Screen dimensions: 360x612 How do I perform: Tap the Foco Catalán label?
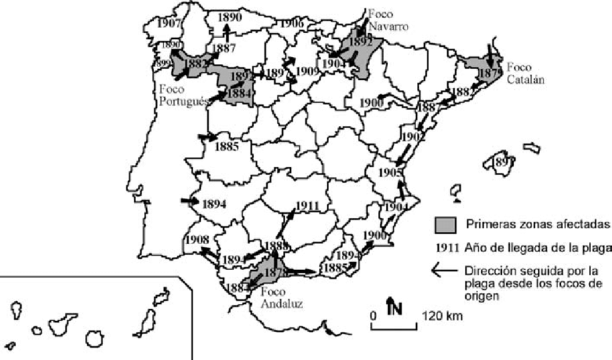[x=523, y=72]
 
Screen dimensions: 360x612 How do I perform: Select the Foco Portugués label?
[x=181, y=96]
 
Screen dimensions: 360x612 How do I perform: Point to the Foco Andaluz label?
[x=282, y=298]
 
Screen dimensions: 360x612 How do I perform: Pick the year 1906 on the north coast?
[x=290, y=23]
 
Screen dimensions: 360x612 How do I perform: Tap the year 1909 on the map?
[x=307, y=71]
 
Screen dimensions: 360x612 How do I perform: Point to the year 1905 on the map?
[x=390, y=173]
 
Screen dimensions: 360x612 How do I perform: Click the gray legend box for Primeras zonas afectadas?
[x=444, y=223]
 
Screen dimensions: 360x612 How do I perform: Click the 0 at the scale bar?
[x=374, y=316]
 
